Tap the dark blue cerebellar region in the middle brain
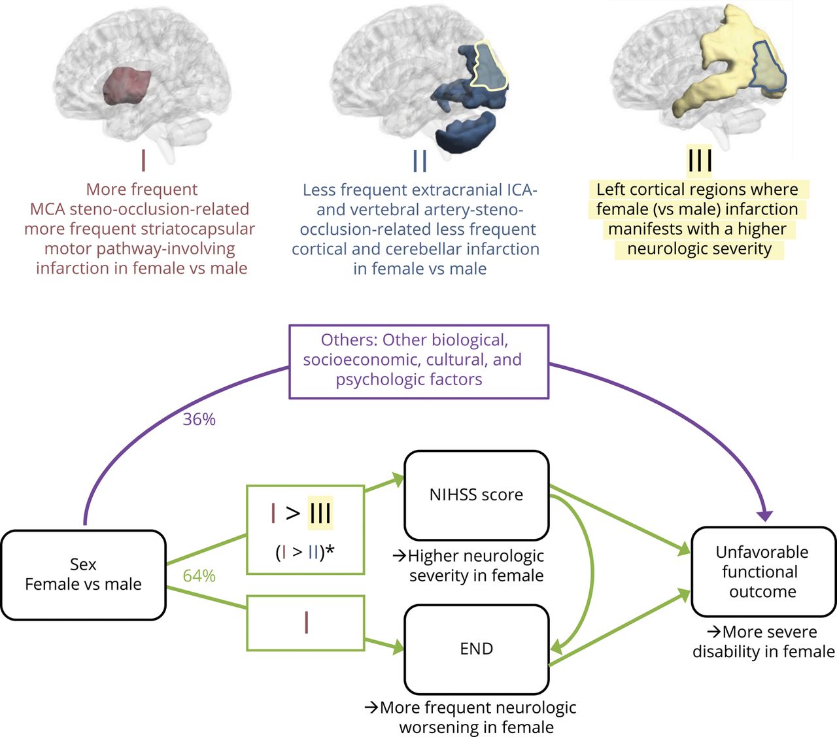[466, 131]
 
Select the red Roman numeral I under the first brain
[143, 160]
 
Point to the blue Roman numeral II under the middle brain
[420, 160]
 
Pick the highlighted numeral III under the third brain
[699, 160]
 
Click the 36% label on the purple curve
[199, 419]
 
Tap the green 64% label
[199, 575]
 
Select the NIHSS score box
[476, 494]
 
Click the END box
[476, 649]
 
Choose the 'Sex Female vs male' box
[83, 574]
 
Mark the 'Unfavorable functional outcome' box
[762, 572]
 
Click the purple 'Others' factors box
[418, 361]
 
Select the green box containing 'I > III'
[305, 529]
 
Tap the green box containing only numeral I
[305, 623]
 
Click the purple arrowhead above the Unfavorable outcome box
[764, 515]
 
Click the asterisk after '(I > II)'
[330, 551]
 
